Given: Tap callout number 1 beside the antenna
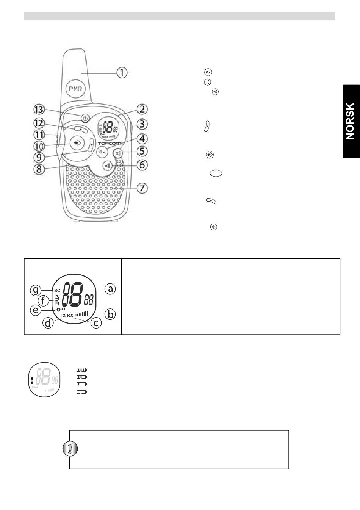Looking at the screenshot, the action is click(x=122, y=72).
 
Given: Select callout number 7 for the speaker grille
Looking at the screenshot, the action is click(x=142, y=188).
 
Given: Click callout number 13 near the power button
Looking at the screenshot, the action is click(x=38, y=110).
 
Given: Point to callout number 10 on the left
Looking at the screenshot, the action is click(x=39, y=145).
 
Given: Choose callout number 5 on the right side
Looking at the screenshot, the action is click(x=142, y=152).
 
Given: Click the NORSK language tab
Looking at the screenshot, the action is click(x=351, y=121).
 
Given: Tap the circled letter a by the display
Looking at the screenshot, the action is click(x=110, y=289).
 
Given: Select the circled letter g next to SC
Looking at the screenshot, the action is click(x=36, y=290).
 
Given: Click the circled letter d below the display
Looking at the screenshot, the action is click(x=49, y=323).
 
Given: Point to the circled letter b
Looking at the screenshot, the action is click(x=110, y=314).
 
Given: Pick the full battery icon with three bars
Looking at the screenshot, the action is click(x=81, y=369).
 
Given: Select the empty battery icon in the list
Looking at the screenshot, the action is click(x=81, y=392).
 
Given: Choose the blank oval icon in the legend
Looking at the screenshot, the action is click(x=216, y=173).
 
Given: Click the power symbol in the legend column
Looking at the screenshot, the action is click(x=214, y=227).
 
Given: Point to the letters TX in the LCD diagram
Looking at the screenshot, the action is click(x=63, y=316).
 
